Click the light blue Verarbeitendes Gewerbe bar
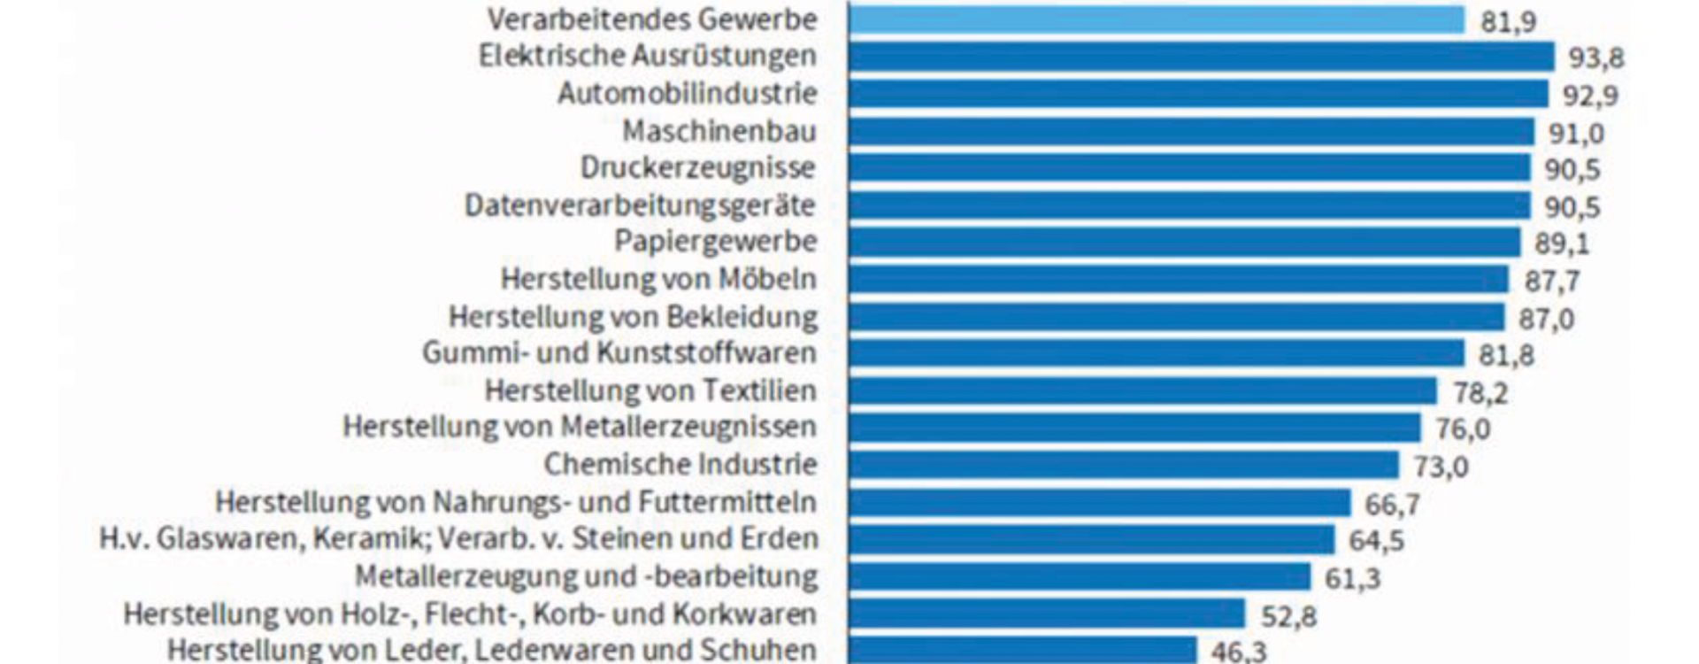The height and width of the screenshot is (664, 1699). pos(1157,19)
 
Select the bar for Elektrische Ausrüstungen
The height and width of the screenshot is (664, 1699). pos(1201,57)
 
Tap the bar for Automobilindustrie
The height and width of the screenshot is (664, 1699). pos(1198,94)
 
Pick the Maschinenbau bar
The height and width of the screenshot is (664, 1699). pos(1191,132)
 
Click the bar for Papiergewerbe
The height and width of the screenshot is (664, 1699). pos(1184,242)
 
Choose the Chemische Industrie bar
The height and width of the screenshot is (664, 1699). pos(1124,465)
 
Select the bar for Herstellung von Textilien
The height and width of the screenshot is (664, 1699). pos(1142,390)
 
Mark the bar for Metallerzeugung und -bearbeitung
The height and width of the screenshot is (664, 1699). pos(1080,576)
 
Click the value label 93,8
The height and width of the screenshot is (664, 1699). pos(1595,58)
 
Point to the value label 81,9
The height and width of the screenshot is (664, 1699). pos(1508,21)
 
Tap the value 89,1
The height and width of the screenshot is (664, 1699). pos(1562,243)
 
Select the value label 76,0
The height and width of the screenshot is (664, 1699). pos(1462,429)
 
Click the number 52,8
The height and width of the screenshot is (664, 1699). pos(1288,615)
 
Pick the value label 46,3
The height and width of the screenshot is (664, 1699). pos(1238,652)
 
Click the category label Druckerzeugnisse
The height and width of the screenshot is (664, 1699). pos(697,167)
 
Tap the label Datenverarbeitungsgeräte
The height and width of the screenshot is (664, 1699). pos(640,205)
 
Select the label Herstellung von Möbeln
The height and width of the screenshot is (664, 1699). pos(658,279)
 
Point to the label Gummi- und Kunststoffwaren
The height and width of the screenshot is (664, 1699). pos(619,352)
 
